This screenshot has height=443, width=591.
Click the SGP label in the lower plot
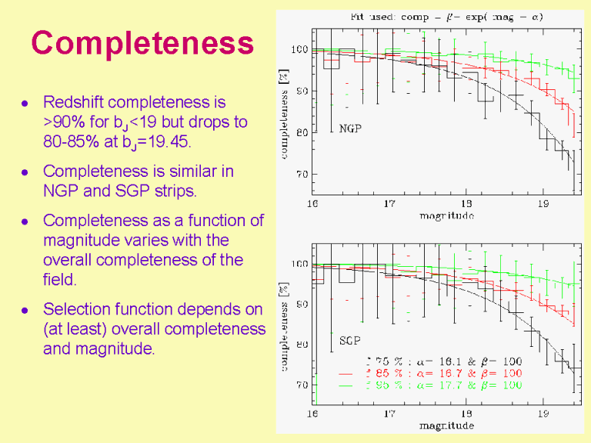[x=350, y=340]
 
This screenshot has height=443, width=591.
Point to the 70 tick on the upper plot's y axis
[x=299, y=175]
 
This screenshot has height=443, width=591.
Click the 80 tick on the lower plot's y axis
[x=299, y=345]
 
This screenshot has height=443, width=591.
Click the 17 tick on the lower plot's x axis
[x=389, y=414]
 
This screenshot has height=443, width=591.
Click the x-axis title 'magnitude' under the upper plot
[x=446, y=216]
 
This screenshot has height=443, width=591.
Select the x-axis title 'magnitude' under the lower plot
[x=446, y=425]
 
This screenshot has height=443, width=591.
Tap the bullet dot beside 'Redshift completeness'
[x=26, y=102]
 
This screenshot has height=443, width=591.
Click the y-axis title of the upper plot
[x=284, y=113]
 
